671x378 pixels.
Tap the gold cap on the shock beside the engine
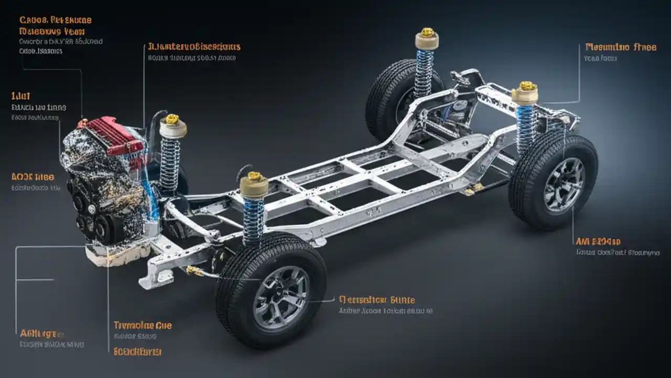pyautogui.click(x=172, y=119)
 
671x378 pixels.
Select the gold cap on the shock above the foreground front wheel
pyautogui.click(x=254, y=176)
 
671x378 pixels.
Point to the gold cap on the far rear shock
pyautogui.click(x=428, y=32)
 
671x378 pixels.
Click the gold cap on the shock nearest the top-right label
pyautogui.click(x=527, y=86)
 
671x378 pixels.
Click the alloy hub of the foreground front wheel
pyautogui.click(x=281, y=297)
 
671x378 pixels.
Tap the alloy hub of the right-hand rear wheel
pyautogui.click(x=564, y=184)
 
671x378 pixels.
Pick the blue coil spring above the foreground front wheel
pyautogui.click(x=254, y=215)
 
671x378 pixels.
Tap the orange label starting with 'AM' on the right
pyautogui.click(x=598, y=241)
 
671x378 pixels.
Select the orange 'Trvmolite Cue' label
pyautogui.click(x=143, y=325)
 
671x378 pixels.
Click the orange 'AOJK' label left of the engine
pyautogui.click(x=33, y=177)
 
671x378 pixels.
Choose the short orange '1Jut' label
pyautogui.click(x=21, y=96)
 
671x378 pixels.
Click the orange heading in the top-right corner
pyautogui.click(x=620, y=47)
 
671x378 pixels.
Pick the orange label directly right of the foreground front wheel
pyautogui.click(x=377, y=300)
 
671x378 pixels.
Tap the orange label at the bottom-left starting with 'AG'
pyautogui.click(x=42, y=333)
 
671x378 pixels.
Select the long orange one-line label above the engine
pyautogui.click(x=194, y=47)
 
